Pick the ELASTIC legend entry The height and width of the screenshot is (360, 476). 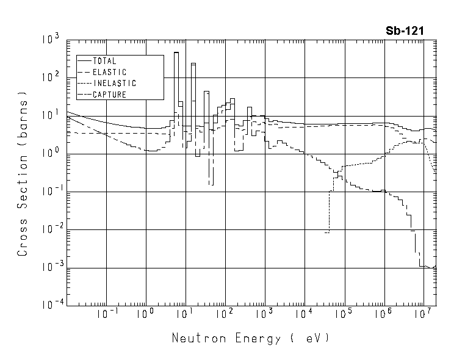click(x=107, y=72)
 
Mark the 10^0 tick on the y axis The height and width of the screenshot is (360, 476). click(x=51, y=154)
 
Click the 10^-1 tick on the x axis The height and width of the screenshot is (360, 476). click(x=107, y=315)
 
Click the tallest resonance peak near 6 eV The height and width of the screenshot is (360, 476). click(x=176, y=54)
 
